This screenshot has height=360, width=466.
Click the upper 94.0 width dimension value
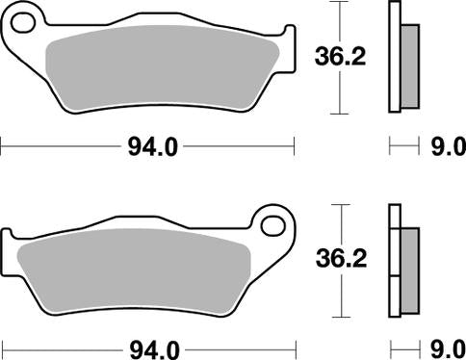[152, 146]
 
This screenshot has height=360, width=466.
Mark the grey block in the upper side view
[409, 64]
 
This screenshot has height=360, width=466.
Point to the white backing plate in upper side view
[394, 58]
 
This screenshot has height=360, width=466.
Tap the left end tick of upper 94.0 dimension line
[2, 146]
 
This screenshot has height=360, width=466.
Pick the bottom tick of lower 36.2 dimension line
[335, 316]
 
